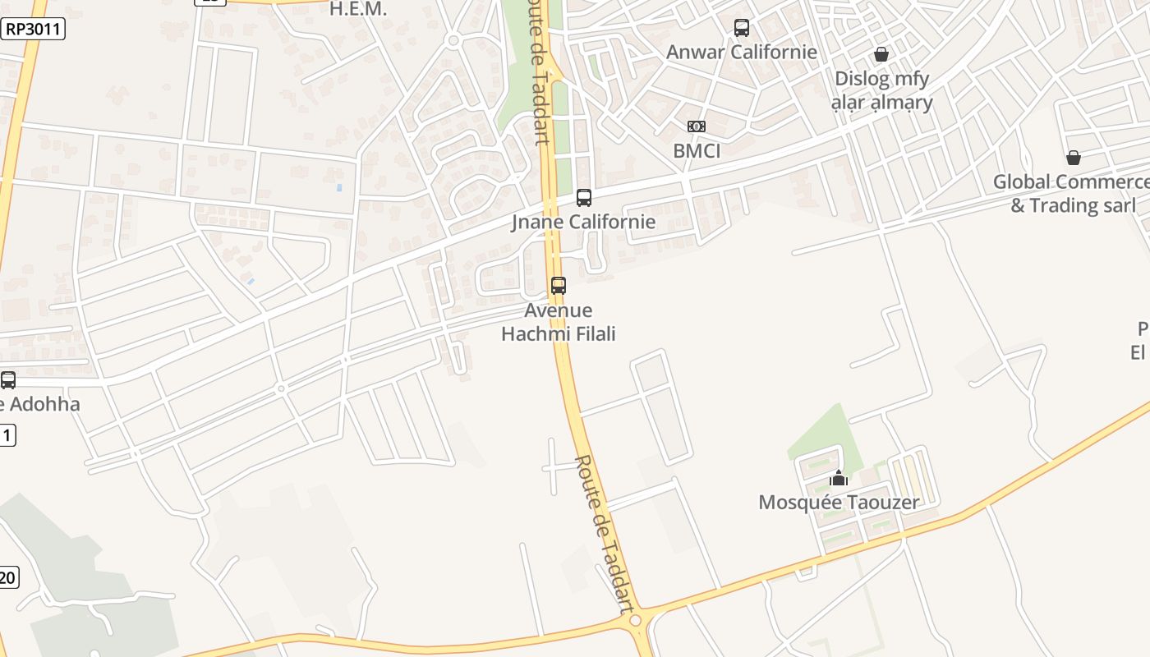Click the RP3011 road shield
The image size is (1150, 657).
(32, 30)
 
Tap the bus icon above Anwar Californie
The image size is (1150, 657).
(742, 28)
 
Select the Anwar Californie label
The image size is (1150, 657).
(742, 52)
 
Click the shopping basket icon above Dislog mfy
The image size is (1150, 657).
(881, 54)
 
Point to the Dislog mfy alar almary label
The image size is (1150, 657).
(882, 90)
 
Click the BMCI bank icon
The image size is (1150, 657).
(697, 126)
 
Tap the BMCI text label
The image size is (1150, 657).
(697, 151)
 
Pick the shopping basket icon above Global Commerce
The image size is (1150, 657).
(1073, 158)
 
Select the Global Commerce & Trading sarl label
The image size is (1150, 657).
(1072, 193)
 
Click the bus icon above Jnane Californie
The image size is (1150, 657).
(584, 198)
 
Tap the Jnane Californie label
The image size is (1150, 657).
(584, 222)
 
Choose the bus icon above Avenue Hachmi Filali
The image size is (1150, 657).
(559, 286)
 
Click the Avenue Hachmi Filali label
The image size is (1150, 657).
(559, 322)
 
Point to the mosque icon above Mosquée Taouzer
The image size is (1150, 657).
(839, 478)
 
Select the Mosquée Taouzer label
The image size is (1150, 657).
(839, 502)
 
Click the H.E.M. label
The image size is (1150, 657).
(357, 9)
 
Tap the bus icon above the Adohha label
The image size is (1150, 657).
(8, 380)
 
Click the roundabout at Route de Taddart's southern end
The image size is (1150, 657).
(635, 622)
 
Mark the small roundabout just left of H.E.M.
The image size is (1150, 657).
(453, 39)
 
